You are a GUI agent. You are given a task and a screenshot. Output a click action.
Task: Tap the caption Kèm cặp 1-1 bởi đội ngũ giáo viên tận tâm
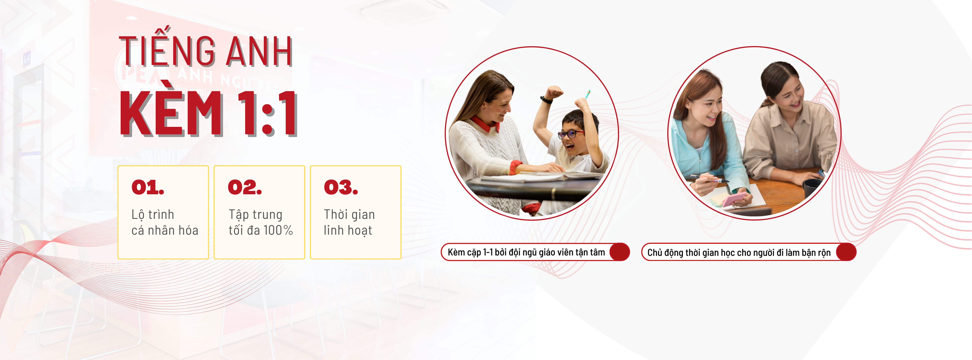coord(526,252)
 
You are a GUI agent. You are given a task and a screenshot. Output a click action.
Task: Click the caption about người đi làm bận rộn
coord(739,252)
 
